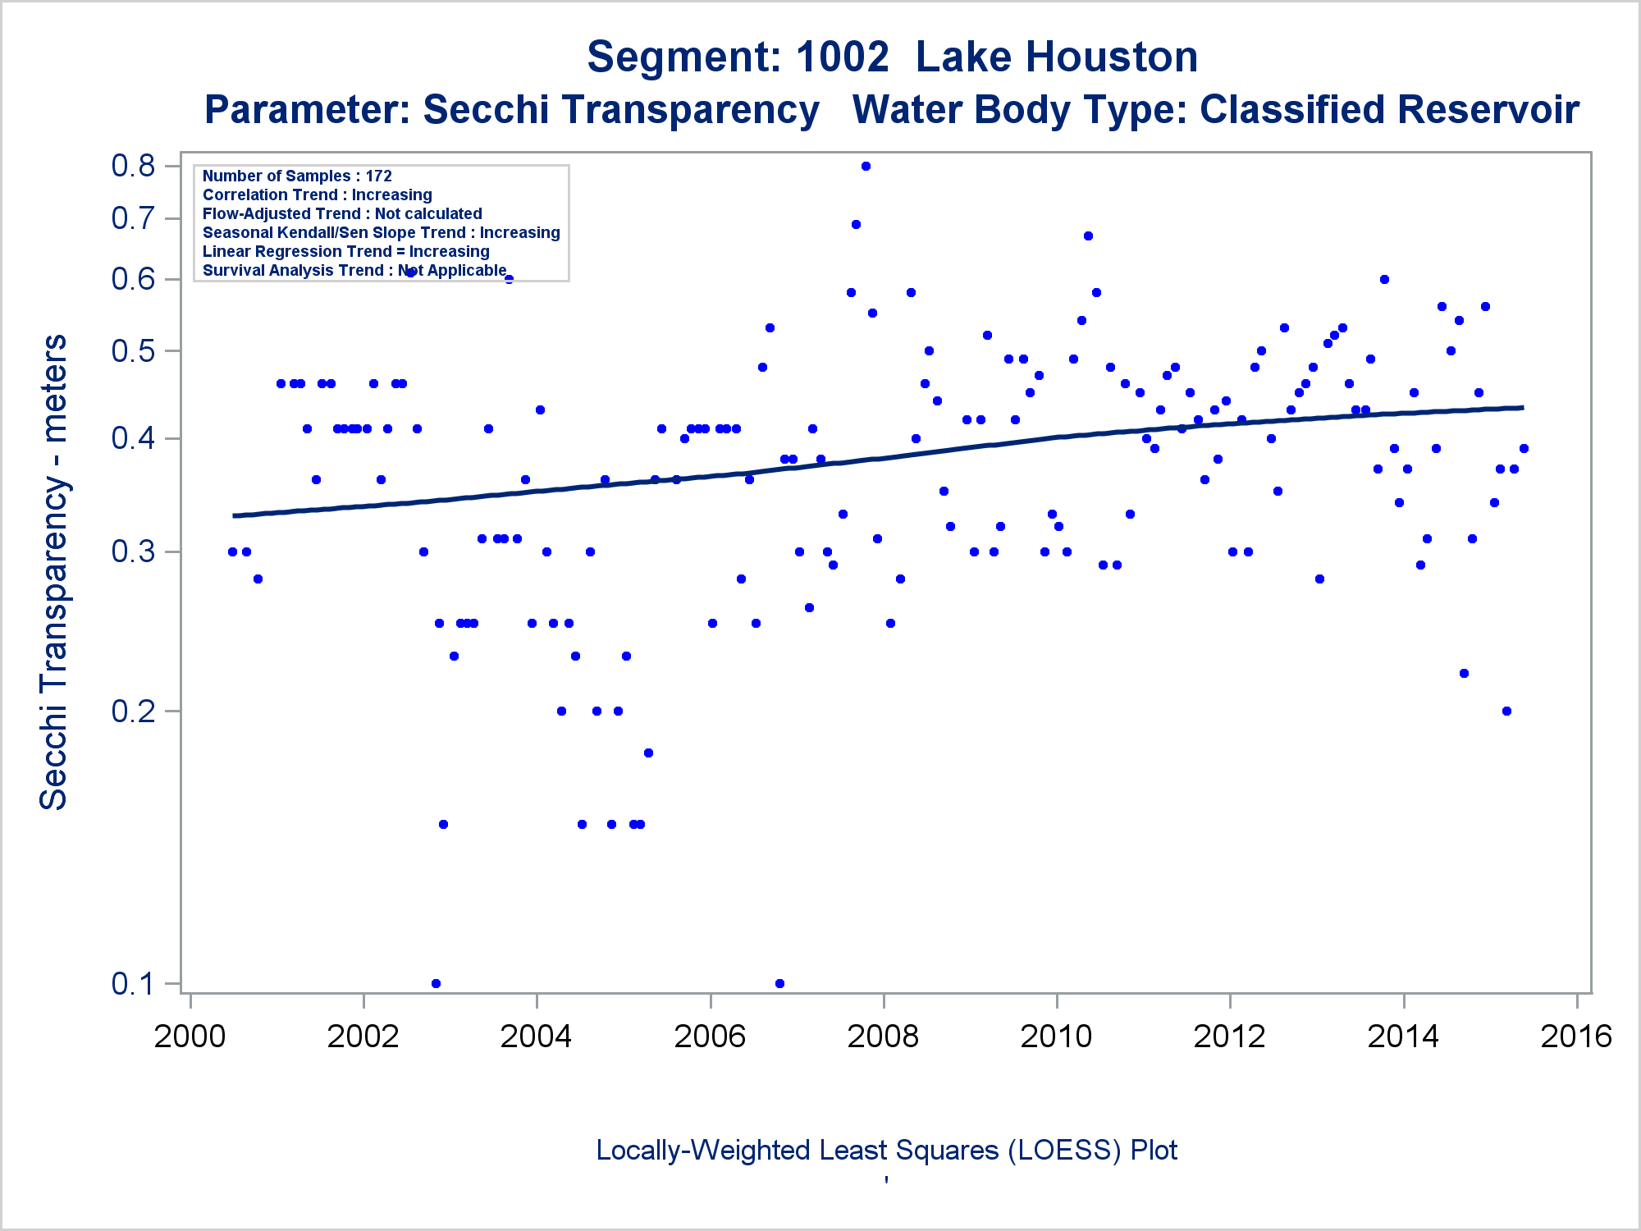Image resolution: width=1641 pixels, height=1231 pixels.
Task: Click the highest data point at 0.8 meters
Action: click(866, 167)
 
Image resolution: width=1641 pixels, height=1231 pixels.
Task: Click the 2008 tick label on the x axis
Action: click(883, 1037)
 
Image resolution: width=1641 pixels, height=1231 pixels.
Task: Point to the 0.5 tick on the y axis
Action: click(133, 351)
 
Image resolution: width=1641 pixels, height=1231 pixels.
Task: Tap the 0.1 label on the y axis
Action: click(133, 983)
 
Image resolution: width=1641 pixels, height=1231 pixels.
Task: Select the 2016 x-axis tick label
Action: click(1576, 1037)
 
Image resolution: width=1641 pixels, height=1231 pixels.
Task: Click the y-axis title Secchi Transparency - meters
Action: click(54, 572)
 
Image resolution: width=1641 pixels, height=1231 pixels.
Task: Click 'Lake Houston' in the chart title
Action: click(1056, 57)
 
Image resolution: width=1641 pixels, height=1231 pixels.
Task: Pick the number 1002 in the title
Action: click(842, 57)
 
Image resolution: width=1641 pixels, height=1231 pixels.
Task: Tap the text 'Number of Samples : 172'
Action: click(297, 176)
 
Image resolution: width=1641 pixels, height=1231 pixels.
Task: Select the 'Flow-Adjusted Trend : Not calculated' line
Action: click(342, 214)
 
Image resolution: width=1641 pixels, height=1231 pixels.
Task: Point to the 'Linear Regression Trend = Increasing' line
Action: click(345, 252)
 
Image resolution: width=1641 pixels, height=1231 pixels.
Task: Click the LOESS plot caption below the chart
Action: click(886, 1151)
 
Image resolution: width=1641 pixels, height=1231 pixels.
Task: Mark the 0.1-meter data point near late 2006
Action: click(779, 983)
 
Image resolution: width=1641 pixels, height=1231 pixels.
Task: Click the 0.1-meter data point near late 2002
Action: click(436, 983)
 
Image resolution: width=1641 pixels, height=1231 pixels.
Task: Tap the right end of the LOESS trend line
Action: click(1522, 408)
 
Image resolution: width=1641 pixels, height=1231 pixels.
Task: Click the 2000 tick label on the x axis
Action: click(190, 1037)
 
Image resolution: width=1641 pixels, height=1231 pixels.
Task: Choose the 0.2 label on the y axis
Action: click(133, 711)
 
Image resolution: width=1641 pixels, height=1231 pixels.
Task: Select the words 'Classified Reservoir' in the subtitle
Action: click(1389, 110)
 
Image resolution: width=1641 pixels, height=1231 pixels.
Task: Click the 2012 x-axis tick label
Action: click(1229, 1037)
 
